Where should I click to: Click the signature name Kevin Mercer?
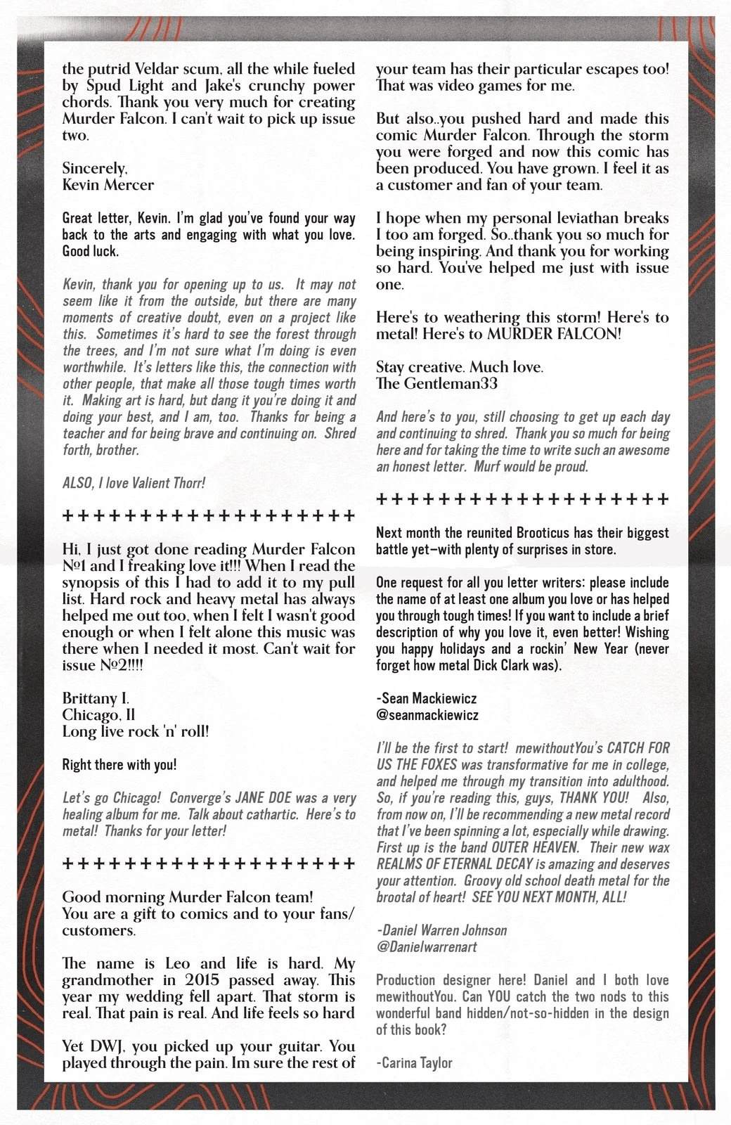tap(108, 185)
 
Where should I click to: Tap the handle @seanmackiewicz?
tap(427, 715)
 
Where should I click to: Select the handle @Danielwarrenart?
tap(427, 946)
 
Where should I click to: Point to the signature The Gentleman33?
tap(436, 384)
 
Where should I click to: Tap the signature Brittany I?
tap(96, 698)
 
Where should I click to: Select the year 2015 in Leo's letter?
tap(204, 980)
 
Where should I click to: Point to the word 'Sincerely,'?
tap(95, 168)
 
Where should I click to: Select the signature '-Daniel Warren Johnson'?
tap(441, 930)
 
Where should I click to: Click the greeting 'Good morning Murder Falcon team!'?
tap(188, 897)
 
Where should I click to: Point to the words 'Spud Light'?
tap(123, 86)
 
